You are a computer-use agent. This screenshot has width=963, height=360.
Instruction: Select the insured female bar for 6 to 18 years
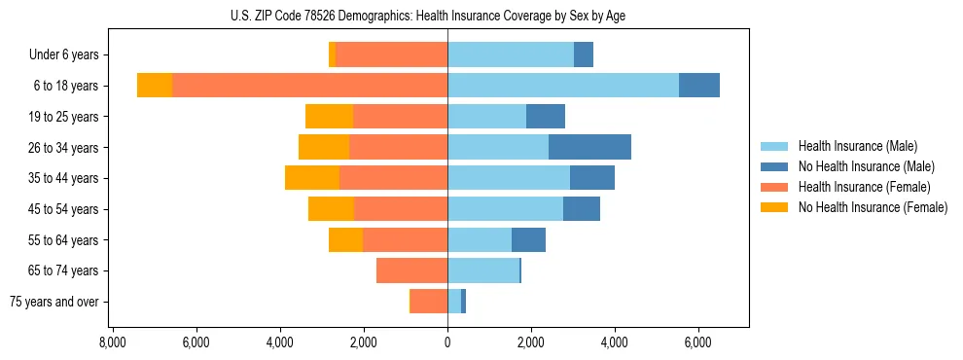click(309, 86)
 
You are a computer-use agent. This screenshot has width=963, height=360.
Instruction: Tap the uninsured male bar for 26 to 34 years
click(589, 147)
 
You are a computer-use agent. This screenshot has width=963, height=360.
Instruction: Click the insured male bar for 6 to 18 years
click(563, 86)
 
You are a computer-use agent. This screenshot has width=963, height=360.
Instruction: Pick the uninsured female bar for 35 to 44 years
click(312, 178)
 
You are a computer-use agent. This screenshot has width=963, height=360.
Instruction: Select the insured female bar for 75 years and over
click(429, 302)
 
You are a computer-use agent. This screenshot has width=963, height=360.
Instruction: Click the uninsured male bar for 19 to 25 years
click(546, 117)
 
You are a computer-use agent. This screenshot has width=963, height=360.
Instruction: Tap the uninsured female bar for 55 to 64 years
click(345, 239)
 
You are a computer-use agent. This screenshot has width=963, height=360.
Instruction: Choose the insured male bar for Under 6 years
click(511, 54)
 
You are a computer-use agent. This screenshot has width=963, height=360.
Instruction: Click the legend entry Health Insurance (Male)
click(857, 146)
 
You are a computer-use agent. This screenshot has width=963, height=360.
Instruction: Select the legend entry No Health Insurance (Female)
click(872, 207)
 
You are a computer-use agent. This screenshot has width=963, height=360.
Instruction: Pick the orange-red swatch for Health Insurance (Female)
click(774, 187)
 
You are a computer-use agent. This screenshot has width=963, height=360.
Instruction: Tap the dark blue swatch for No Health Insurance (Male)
click(774, 166)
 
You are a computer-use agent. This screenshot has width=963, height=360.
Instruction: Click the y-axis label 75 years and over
click(53, 302)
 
